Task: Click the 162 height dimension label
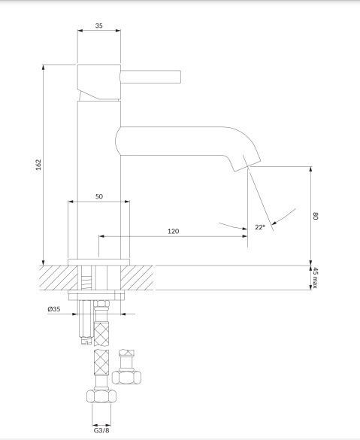tap(38, 165)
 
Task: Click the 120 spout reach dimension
tap(174, 231)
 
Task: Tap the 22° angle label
tap(260, 227)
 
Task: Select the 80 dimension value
tap(316, 216)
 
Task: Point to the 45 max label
tap(316, 278)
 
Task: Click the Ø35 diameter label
tap(54, 309)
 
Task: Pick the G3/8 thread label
tap(101, 430)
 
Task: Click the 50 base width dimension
tap(99, 196)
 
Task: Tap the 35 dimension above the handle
tap(99, 26)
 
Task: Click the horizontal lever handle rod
tap(150, 77)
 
